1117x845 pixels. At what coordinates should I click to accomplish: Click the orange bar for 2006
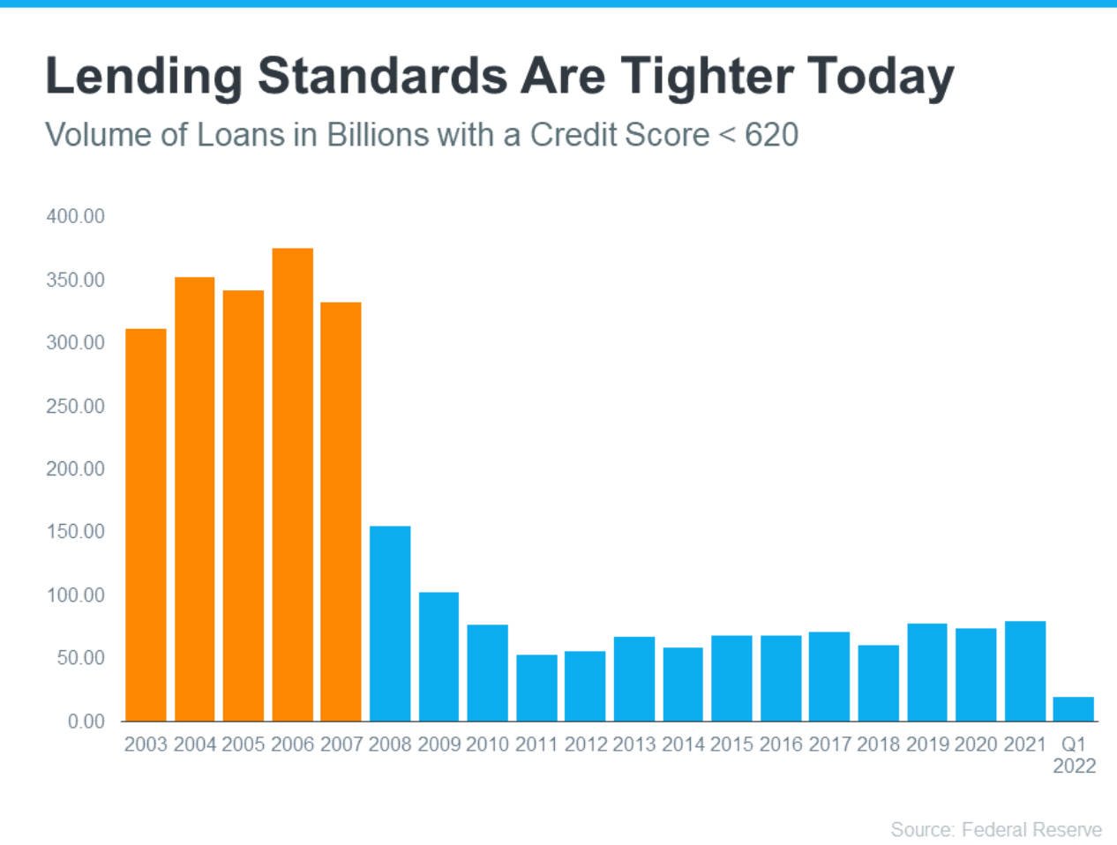click(293, 484)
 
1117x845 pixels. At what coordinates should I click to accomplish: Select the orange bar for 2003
click(146, 525)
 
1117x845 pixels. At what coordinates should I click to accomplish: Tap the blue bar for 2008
click(390, 624)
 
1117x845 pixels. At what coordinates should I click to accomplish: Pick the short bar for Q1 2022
click(1073, 708)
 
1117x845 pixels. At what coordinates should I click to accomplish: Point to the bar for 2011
click(536, 688)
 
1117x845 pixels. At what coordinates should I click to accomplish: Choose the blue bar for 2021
click(1025, 671)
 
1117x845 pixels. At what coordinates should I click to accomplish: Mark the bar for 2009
click(439, 656)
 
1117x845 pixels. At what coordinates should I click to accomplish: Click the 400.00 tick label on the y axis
click(75, 216)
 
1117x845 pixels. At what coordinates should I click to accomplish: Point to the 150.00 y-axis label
click(75, 532)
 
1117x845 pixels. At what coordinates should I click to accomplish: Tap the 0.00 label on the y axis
click(86, 722)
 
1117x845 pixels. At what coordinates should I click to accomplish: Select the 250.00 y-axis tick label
click(75, 406)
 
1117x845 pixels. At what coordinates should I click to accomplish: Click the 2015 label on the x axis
click(731, 744)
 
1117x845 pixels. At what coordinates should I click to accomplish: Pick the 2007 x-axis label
click(341, 744)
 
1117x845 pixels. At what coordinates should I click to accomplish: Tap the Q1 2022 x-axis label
click(1074, 755)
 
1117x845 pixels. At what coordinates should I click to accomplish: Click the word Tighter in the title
click(707, 78)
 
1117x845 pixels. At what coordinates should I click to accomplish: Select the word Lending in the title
click(144, 78)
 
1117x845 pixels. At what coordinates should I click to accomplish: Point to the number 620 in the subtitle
click(771, 135)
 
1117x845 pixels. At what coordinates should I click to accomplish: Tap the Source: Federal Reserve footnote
click(996, 829)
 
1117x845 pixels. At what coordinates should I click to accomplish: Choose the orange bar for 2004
click(195, 499)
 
